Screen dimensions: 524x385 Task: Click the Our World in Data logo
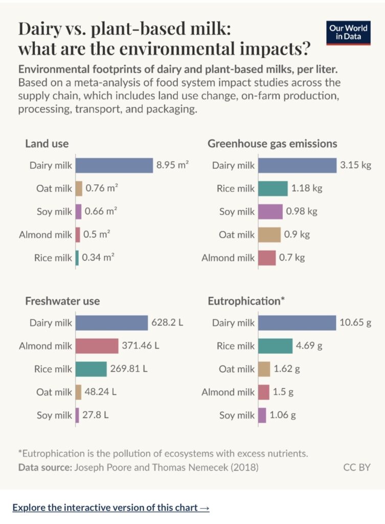click(x=348, y=32)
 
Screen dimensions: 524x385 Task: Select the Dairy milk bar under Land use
click(x=114, y=165)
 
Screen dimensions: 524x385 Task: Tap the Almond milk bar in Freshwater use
click(x=97, y=346)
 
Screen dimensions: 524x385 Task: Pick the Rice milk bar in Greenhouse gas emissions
click(x=273, y=189)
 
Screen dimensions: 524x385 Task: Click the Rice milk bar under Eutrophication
click(x=275, y=346)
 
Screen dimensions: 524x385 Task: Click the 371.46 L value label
click(x=141, y=346)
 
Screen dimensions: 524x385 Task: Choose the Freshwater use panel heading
click(x=62, y=301)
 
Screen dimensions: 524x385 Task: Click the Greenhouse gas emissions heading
click(x=272, y=144)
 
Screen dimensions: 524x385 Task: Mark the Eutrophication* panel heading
click(x=246, y=301)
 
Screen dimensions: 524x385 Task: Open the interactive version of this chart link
click(x=110, y=508)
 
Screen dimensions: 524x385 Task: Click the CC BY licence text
click(x=356, y=467)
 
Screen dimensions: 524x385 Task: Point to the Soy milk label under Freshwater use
click(x=54, y=416)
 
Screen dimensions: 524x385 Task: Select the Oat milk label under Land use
click(x=54, y=189)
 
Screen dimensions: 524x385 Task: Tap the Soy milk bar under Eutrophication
click(x=262, y=416)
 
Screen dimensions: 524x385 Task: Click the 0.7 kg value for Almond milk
click(x=292, y=258)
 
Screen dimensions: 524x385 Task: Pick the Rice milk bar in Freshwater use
click(x=91, y=369)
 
